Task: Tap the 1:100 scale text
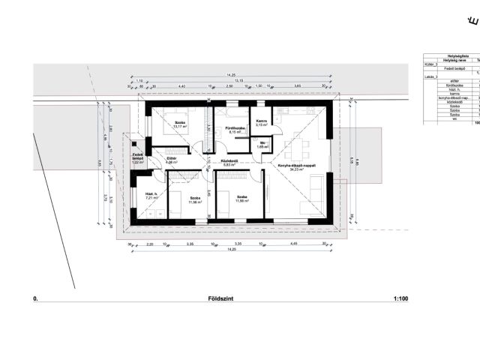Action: [400, 298]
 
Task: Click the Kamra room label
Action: [262, 121]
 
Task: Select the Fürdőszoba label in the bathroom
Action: [227, 128]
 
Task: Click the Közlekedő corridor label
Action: [229, 160]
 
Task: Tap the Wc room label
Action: [262, 142]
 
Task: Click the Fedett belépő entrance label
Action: [138, 157]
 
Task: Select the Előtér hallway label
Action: [172, 159]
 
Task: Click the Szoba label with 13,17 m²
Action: [181, 121]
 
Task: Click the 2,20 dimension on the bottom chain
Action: [149, 244]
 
